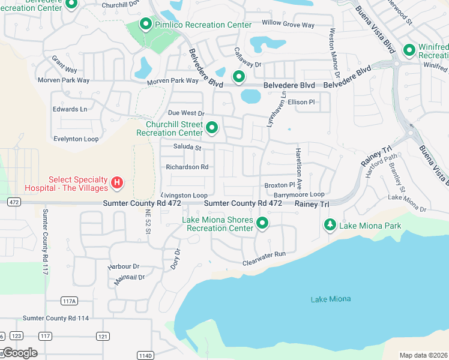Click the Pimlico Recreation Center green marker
(145, 25)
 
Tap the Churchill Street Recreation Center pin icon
(211, 128)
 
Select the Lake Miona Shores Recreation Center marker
(262, 223)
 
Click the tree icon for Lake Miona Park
(330, 225)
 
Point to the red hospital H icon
(118, 182)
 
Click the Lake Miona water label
(331, 299)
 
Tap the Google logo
(20, 353)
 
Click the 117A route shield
(70, 301)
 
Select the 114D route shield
(145, 355)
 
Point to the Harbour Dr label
(124, 266)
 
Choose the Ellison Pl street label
(301, 102)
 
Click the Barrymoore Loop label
(299, 194)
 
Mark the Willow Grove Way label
(288, 25)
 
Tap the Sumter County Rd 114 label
(56, 318)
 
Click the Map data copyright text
(424, 355)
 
